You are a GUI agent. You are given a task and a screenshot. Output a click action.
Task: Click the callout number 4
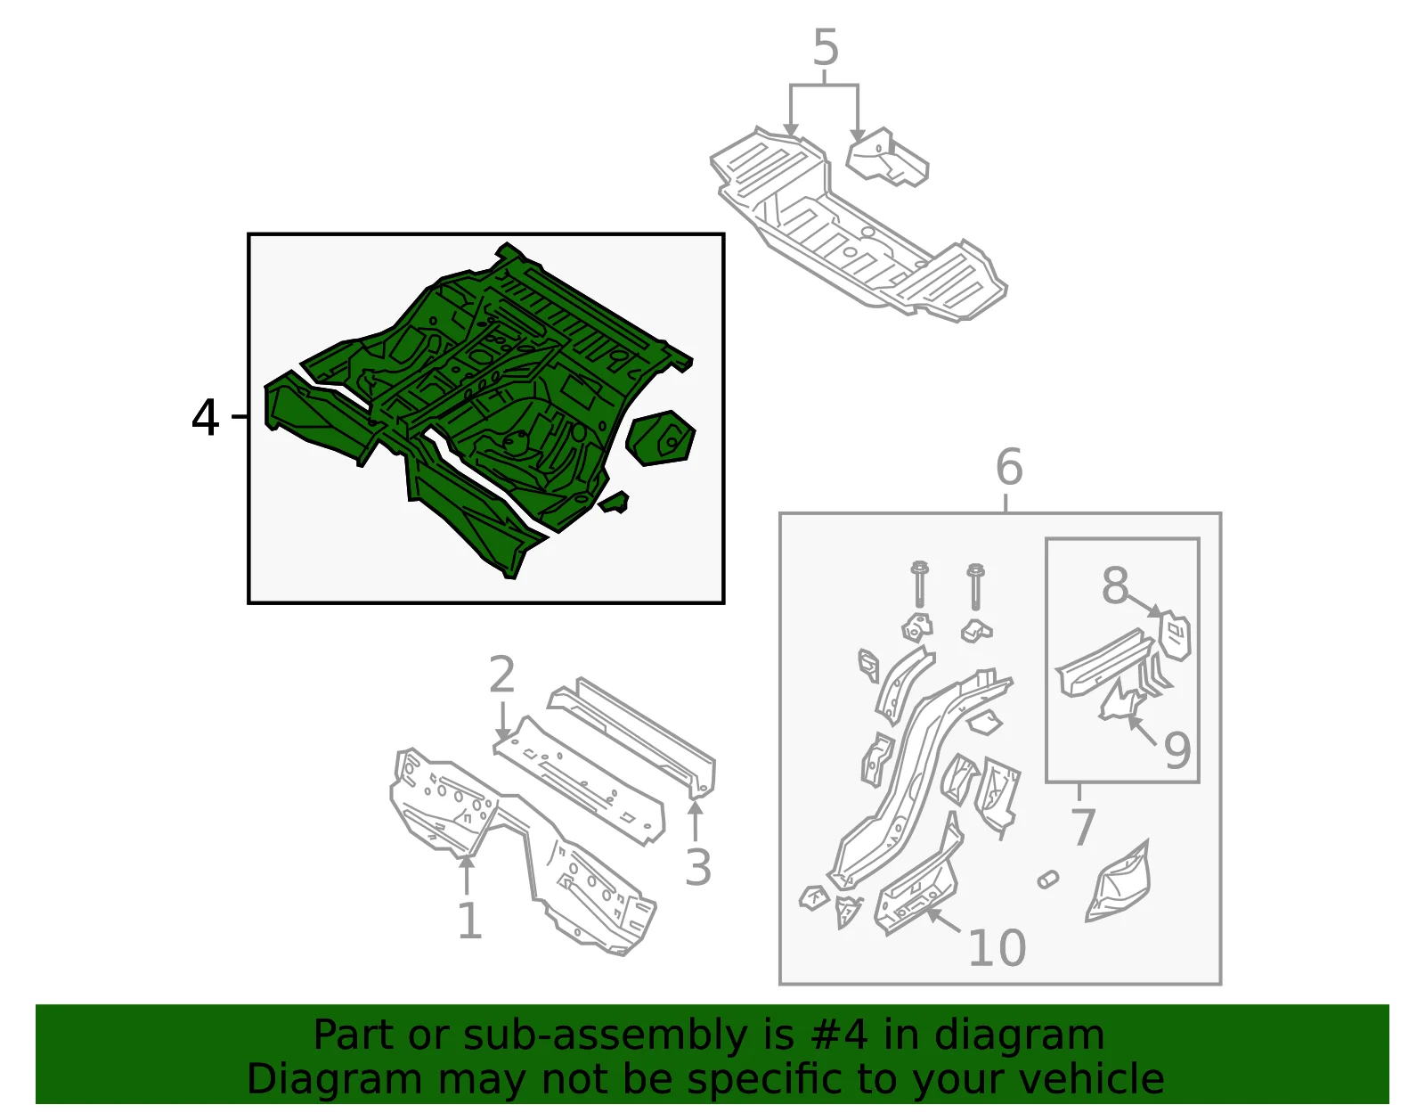pyautogui.click(x=205, y=417)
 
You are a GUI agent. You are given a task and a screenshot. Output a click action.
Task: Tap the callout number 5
pyautogui.click(x=826, y=47)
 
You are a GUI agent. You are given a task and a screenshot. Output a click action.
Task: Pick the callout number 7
pyautogui.click(x=1083, y=827)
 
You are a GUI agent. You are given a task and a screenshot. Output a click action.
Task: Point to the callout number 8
pyautogui.click(x=1115, y=585)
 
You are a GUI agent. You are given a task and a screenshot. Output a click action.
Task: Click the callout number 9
pyautogui.click(x=1177, y=749)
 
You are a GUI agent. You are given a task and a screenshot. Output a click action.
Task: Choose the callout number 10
pyautogui.click(x=997, y=948)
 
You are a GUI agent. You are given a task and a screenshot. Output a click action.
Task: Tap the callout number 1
pyautogui.click(x=470, y=921)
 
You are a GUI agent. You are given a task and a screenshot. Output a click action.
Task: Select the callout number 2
pyautogui.click(x=501, y=674)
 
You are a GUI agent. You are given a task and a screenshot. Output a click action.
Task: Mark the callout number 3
pyautogui.click(x=697, y=867)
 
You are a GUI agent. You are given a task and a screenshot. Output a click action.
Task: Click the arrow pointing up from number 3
pyautogui.click(x=695, y=821)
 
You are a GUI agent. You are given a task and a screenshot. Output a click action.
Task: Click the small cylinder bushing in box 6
pyautogui.click(x=1048, y=880)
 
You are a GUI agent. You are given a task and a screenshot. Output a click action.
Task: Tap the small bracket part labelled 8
pyautogui.click(x=1175, y=634)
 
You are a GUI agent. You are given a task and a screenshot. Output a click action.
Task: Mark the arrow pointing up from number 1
pyautogui.click(x=467, y=875)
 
